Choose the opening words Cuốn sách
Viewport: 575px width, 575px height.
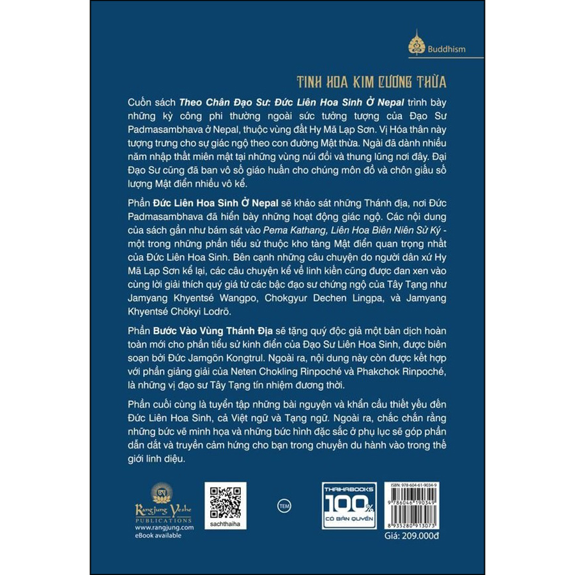tap(148, 102)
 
